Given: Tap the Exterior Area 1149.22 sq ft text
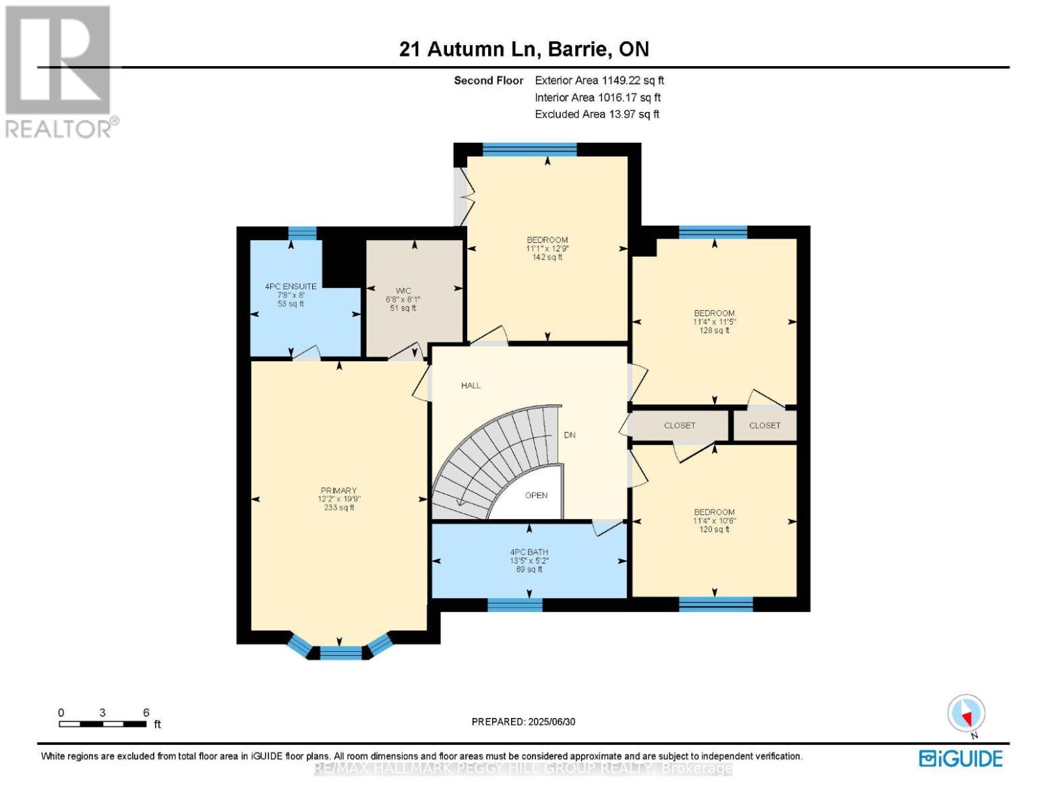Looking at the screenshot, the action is pos(599,80).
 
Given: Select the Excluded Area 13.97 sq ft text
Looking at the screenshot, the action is pos(597,114).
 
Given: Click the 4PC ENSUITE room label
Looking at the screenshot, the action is pos(291,287).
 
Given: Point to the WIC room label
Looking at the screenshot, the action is pos(403,291).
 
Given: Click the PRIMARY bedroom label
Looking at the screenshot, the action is pos(338,491).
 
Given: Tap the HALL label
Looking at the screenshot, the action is pos(471,386).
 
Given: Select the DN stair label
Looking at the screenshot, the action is pos(570,435).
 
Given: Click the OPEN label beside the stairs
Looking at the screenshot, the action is pos(536,496).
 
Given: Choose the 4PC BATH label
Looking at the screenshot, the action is pos(529,552).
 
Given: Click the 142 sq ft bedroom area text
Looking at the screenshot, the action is pos(547,258).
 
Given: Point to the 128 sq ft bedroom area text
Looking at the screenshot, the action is pos(714,330).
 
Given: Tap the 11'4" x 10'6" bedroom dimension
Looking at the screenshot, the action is pos(715,521).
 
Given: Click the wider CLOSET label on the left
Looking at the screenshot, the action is pos(680,425).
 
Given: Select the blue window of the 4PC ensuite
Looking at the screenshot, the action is pos(303,233).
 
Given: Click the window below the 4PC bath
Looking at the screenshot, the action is pos(515,605).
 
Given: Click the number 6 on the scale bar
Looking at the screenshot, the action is pos(146,712).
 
